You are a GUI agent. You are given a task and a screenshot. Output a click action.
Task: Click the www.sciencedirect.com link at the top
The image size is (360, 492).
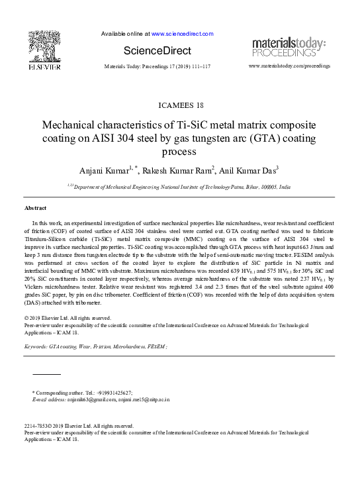182,33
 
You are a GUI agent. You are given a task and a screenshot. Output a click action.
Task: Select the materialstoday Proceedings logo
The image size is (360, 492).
288,46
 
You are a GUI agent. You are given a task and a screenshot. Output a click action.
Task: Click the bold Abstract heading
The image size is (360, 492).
35,208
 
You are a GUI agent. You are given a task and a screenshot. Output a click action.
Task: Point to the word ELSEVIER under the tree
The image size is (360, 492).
44,67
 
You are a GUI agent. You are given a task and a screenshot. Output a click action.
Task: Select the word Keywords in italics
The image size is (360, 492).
35,346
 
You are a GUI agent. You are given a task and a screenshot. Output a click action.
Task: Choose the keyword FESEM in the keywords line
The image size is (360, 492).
157,346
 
